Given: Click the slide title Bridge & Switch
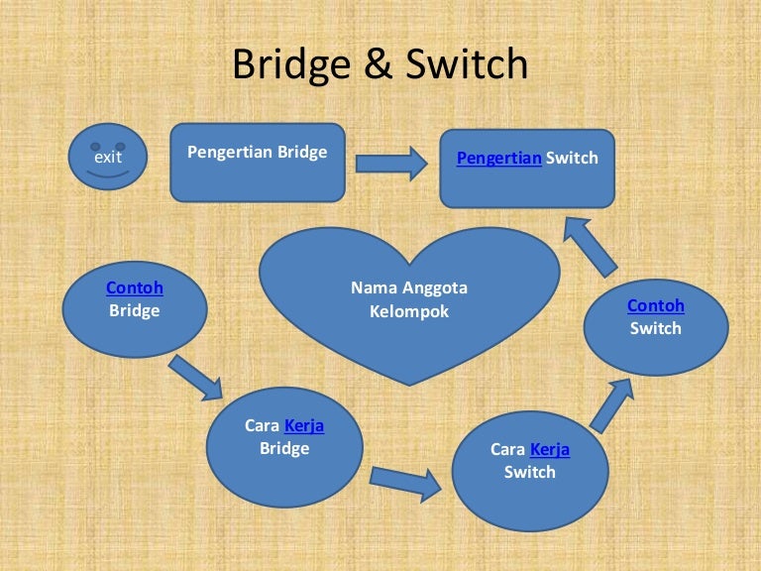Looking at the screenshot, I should coord(380,64).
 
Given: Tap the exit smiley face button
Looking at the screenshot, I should coord(107,157).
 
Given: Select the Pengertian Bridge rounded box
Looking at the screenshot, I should coord(258,162).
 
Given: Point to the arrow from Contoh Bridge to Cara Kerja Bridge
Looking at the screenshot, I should coord(196,378).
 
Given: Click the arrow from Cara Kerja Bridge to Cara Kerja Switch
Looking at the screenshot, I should coord(405,483).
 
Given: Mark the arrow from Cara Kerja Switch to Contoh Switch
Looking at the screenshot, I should coord(611,403).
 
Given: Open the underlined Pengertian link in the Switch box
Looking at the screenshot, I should coord(498,158).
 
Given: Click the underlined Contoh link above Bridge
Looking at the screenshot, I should coord(135,288).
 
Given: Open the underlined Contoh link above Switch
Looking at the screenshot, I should coord(656,305).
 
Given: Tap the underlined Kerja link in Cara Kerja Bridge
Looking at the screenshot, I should coord(304,426).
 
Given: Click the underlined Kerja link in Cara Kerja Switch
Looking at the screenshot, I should coord(550,449).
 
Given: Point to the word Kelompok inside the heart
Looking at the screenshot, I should coord(408,311).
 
